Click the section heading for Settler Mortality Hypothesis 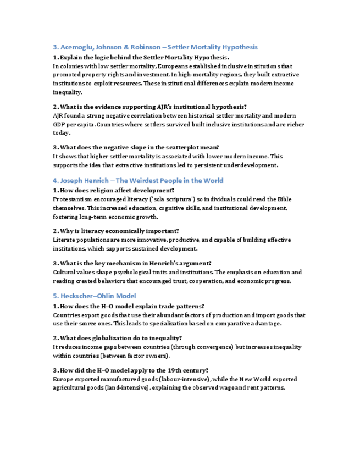155,47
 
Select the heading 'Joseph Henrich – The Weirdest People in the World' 138,181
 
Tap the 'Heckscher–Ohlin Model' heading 95,296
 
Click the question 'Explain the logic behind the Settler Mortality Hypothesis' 141,57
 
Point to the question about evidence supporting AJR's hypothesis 150,107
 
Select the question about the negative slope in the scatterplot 136,147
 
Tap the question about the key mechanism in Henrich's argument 132,263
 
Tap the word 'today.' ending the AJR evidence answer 62,133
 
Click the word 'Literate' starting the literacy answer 64,240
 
